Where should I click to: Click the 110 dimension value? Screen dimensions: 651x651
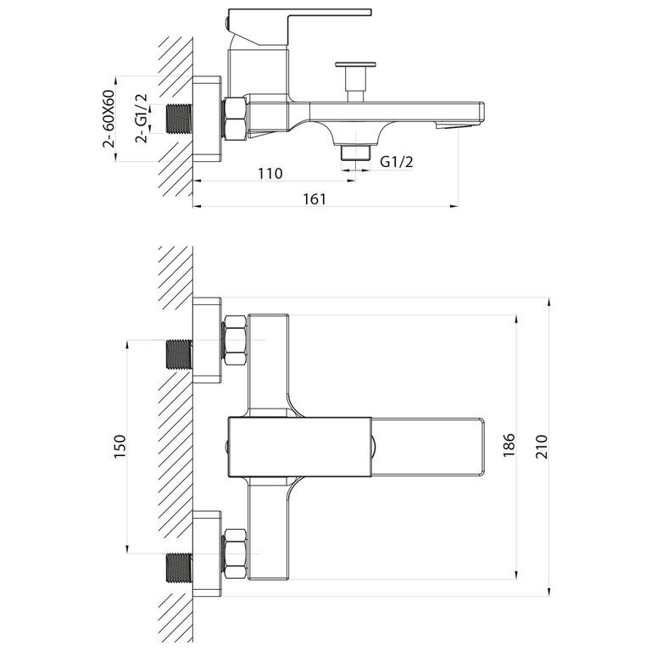270,174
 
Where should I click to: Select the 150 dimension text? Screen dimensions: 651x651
119,444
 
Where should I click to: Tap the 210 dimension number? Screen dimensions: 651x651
542,444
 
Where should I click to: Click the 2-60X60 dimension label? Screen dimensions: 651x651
109,119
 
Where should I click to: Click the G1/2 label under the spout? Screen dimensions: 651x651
396,162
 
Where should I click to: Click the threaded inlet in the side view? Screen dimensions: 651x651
180,120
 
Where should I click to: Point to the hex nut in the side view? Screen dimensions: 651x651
235,120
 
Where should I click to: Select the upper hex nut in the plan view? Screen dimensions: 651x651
235,340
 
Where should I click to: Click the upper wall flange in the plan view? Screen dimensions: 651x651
208,340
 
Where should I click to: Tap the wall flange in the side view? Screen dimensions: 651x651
208,120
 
